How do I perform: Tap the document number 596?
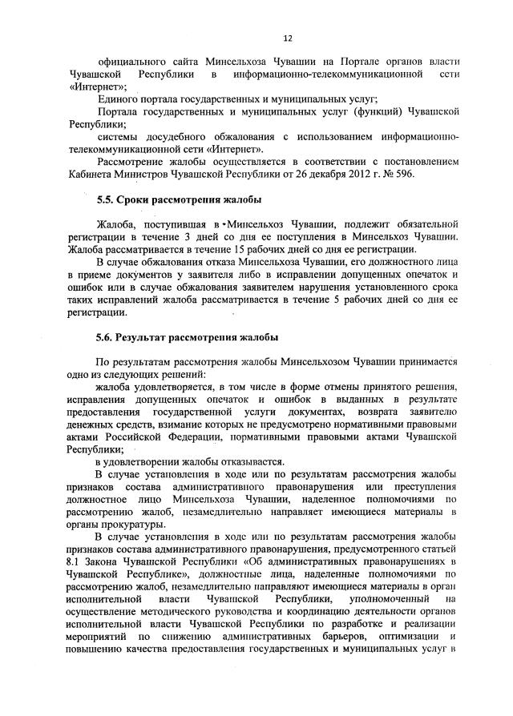pyautogui.click(x=425, y=175)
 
